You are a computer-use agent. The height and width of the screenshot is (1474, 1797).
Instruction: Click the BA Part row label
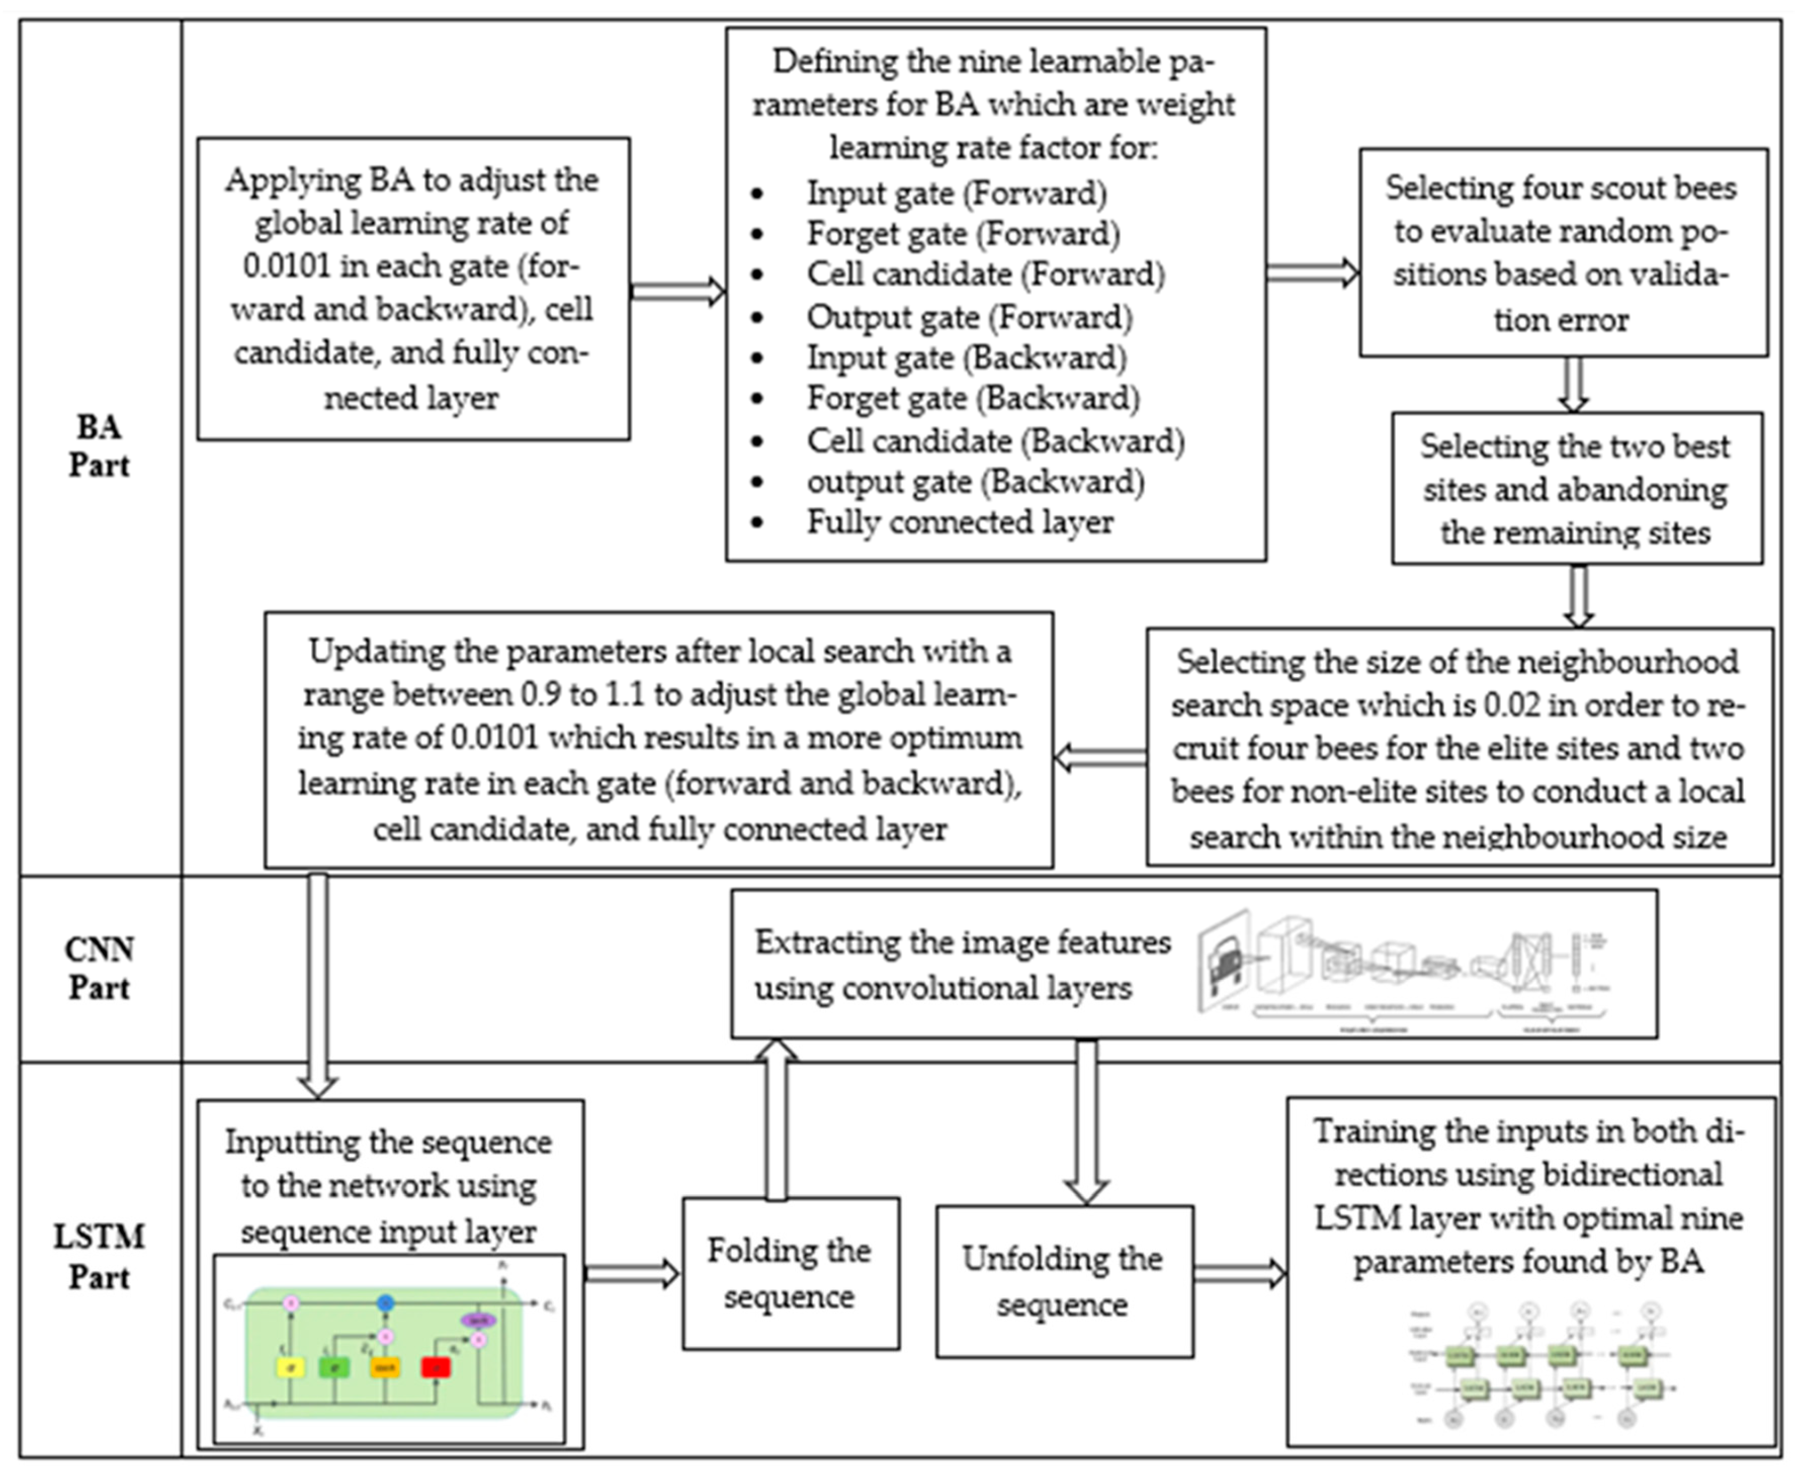click(99, 446)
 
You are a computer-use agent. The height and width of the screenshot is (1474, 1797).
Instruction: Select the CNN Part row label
click(99, 968)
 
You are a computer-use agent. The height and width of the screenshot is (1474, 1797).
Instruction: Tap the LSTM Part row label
click(99, 1256)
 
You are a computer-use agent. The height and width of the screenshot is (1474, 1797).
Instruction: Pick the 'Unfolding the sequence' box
click(1063, 1280)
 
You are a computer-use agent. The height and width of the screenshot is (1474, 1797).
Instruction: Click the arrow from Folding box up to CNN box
click(776, 1121)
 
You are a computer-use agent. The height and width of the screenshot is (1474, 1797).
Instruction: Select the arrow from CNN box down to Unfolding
click(1087, 1121)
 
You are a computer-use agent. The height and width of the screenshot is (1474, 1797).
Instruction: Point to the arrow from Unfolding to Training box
click(1239, 1273)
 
